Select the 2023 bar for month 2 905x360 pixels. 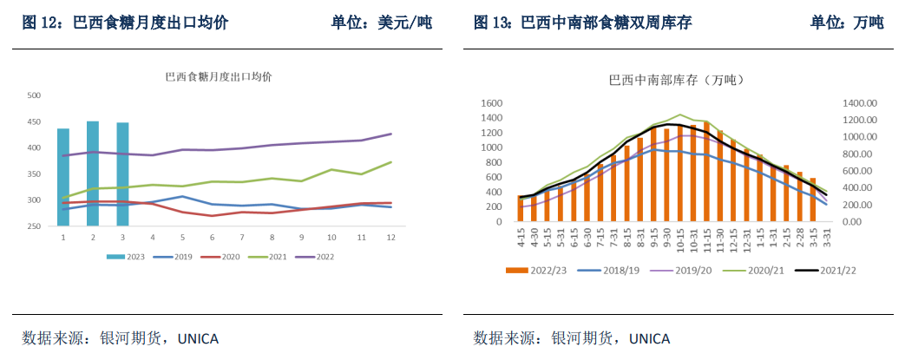pyautogui.click(x=93, y=173)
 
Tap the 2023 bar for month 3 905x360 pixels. pyautogui.click(x=122, y=174)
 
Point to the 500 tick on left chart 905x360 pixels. pyautogui.click(x=35, y=96)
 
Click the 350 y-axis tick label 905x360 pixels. pyautogui.click(x=35, y=174)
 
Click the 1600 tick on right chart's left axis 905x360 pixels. pyautogui.click(x=492, y=103)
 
